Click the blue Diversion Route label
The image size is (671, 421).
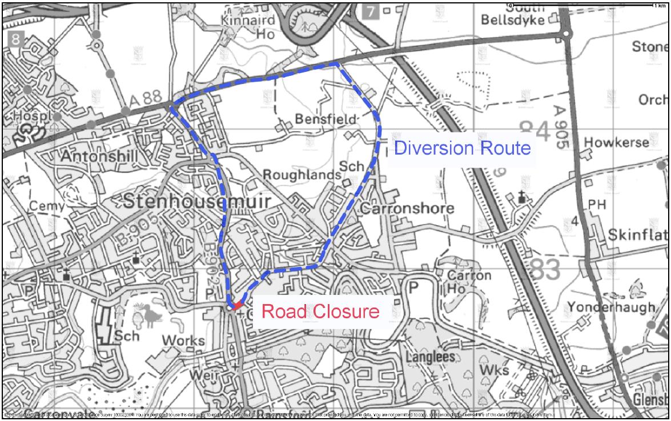[463, 149]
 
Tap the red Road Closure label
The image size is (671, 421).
[320, 311]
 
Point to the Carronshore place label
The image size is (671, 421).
[407, 208]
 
